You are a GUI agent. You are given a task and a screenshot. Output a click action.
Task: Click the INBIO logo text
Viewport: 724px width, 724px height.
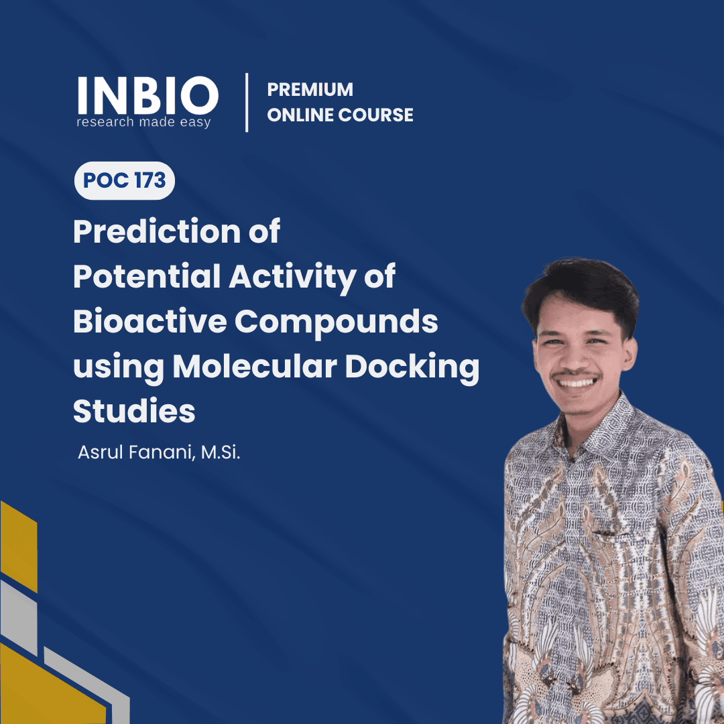pyautogui.click(x=147, y=96)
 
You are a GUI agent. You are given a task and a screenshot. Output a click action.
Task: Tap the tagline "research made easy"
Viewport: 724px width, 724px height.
pyautogui.click(x=143, y=123)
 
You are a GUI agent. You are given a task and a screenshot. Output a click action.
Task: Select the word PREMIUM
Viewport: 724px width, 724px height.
pyautogui.click(x=310, y=90)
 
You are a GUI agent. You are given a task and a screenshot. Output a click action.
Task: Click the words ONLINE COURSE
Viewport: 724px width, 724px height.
pyautogui.click(x=340, y=115)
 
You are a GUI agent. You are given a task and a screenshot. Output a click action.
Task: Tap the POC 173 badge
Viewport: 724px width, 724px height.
pyautogui.click(x=125, y=181)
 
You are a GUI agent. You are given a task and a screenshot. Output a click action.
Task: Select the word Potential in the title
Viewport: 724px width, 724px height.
pyautogui.click(x=147, y=277)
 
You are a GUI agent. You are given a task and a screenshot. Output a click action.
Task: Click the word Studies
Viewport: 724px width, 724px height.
pyautogui.click(x=134, y=411)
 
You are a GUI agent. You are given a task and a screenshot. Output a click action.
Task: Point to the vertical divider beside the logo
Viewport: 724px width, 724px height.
pyautogui.click(x=247, y=103)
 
